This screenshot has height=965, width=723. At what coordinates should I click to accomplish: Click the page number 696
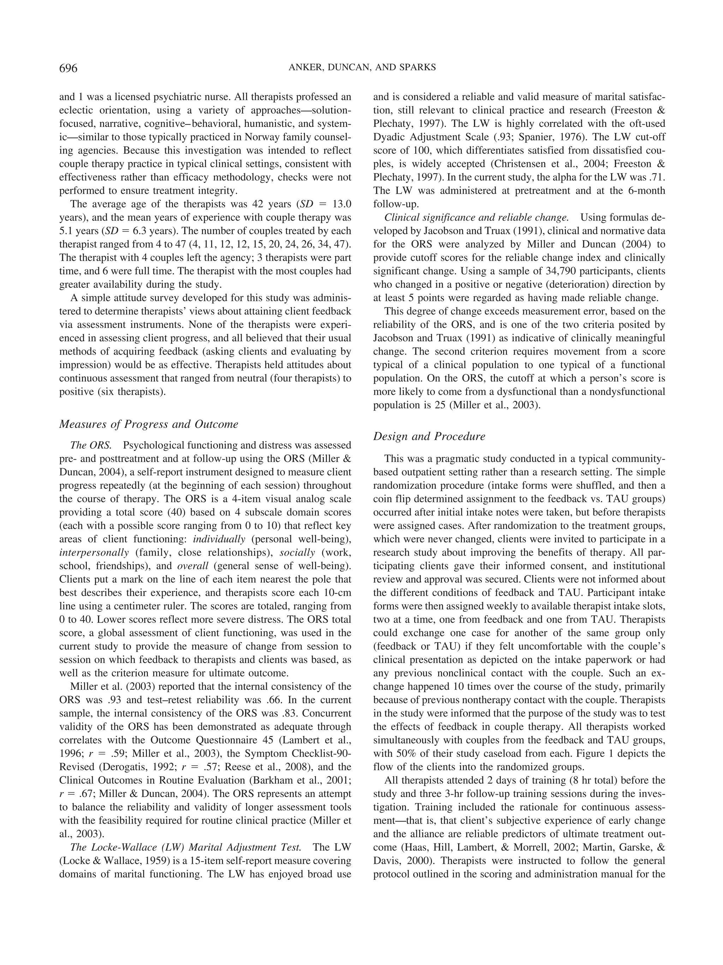click(x=68, y=68)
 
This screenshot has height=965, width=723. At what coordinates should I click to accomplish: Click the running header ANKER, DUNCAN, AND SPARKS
click(x=362, y=67)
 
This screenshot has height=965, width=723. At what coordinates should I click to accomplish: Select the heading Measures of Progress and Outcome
click(x=149, y=424)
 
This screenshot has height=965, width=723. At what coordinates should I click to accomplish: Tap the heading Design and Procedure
click(x=429, y=436)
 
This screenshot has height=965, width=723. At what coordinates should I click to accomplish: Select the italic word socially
click(x=297, y=552)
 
